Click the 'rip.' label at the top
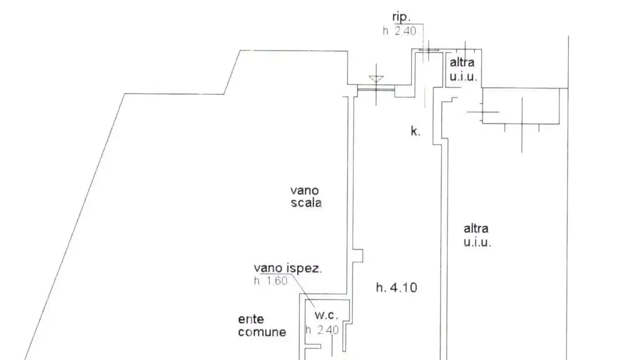[401, 17]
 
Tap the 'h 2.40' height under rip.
[399, 31]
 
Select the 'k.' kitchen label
[415, 131]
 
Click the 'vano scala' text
[306, 196]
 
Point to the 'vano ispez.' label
[287, 268]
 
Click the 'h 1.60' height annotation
[271, 281]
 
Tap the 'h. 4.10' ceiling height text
[396, 287]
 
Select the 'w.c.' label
[326, 316]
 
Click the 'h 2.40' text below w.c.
[322, 330]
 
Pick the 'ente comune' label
[262, 325]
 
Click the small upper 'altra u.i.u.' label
[463, 69]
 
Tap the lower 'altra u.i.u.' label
[477, 235]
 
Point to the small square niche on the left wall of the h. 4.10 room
[357, 256]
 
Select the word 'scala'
[306, 202]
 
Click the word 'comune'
[262, 332]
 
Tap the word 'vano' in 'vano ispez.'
[268, 268]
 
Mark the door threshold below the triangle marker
[376, 87]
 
